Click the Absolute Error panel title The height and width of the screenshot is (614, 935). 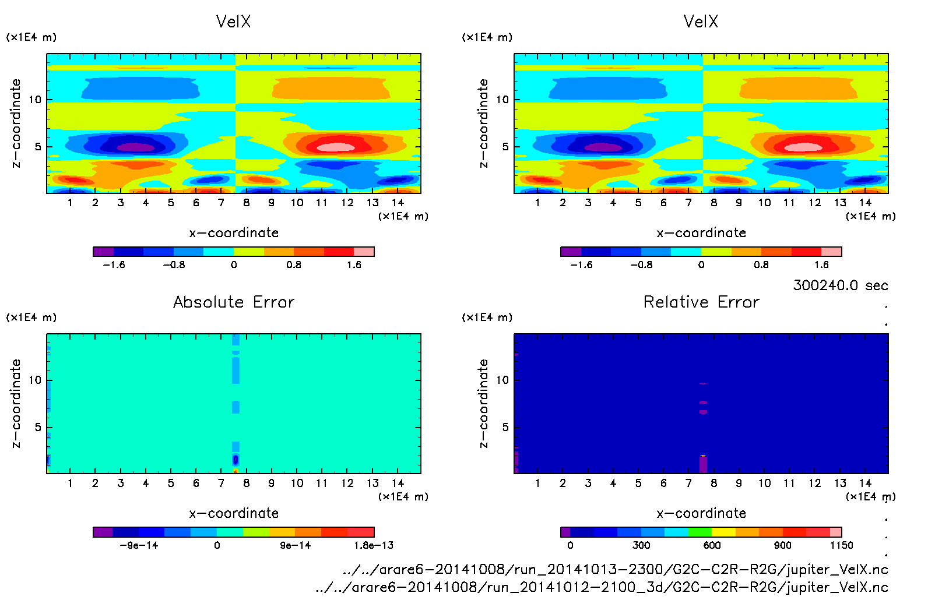point(234,302)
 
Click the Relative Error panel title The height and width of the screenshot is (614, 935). point(701,302)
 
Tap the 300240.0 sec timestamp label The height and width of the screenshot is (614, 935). point(840,285)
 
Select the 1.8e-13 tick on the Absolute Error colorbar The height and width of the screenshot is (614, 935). point(374,545)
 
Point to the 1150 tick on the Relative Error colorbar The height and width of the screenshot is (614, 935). point(841,545)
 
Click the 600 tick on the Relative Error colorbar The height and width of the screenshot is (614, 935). point(712,545)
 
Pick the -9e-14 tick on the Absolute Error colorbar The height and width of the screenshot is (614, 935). point(139,545)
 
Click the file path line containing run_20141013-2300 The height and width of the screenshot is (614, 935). point(615,569)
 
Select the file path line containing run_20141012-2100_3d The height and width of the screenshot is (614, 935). point(601,587)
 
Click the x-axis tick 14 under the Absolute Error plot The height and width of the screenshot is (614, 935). point(398,483)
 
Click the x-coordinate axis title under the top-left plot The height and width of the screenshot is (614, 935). point(234,233)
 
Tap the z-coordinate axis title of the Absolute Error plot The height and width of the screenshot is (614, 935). point(16,403)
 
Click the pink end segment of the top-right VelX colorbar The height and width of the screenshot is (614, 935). point(832,252)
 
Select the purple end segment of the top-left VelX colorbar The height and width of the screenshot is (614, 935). point(103,252)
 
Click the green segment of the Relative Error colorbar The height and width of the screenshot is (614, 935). point(700,532)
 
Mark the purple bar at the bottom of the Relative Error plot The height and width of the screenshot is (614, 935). point(703,464)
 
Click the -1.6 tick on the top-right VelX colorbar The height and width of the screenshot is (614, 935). point(581,265)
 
